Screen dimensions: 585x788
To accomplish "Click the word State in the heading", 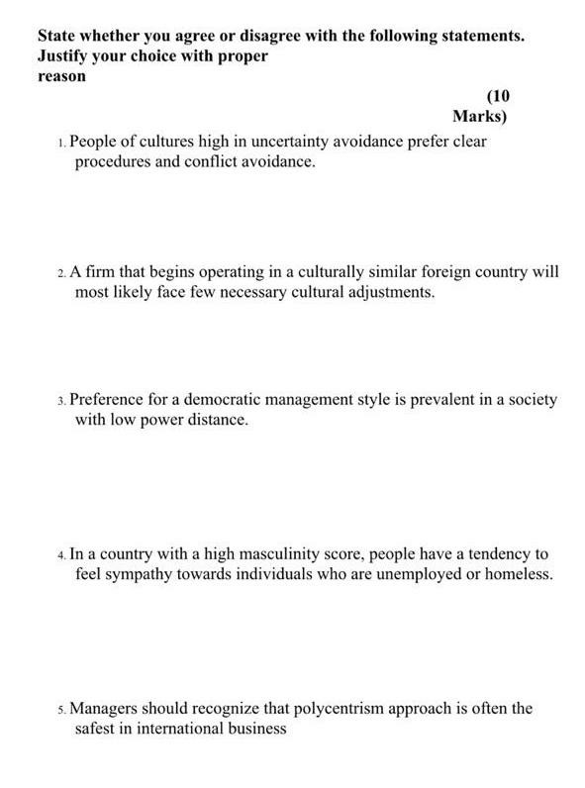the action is point(58,37).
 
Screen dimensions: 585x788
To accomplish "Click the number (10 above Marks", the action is point(498,96).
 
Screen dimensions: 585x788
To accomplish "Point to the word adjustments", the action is point(389,293).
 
